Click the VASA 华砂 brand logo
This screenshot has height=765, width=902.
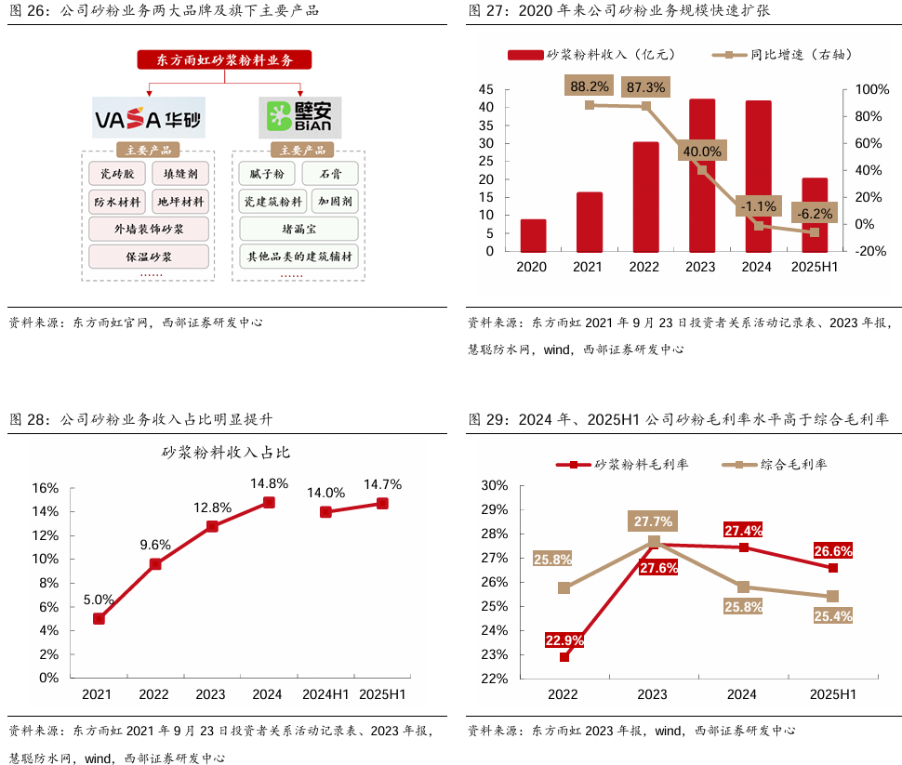148,119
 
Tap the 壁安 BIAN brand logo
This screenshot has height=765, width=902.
299,118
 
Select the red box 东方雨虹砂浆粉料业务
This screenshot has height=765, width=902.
224,59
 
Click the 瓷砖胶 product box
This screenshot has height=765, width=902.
117,174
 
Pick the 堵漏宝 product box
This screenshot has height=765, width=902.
298,229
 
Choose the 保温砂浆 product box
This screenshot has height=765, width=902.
149,256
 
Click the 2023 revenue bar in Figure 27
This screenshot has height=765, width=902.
702,175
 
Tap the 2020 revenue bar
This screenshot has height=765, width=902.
533,235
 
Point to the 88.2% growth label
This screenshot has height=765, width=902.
590,86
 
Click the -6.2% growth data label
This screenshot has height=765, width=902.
814,213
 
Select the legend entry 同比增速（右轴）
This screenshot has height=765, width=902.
782,56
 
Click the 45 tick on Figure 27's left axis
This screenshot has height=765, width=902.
486,89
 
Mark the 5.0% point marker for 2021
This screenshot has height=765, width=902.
99,618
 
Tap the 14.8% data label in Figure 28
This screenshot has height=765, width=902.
269,483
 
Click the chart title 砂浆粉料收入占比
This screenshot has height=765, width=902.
226,453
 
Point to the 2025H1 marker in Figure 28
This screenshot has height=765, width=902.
382,503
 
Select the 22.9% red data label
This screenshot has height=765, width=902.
564,640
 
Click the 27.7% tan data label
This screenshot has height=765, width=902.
654,521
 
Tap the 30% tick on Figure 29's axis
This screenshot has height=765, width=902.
494,485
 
